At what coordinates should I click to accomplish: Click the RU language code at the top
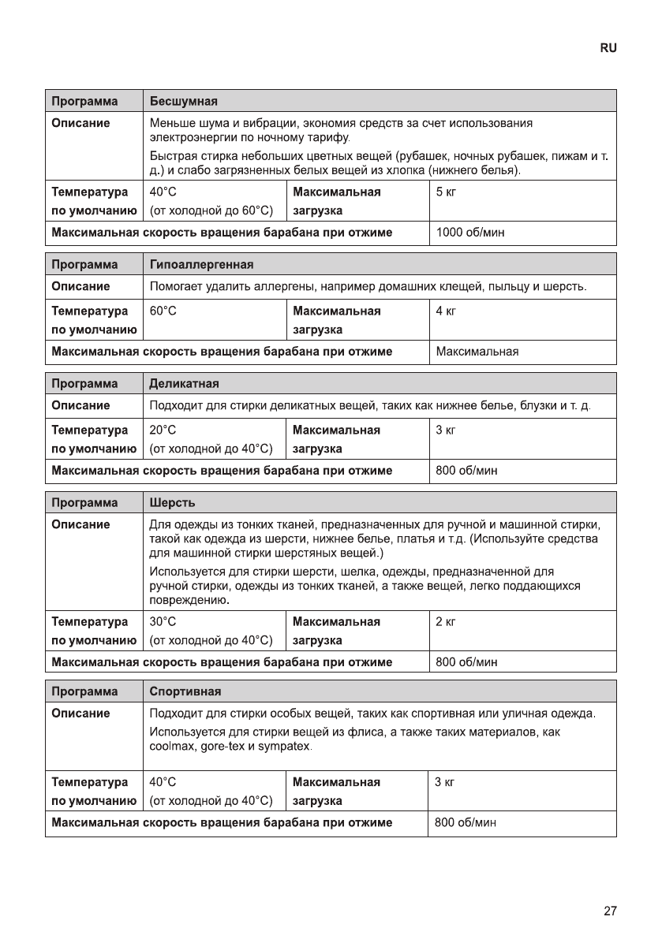point(608,48)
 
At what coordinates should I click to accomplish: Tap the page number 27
point(610,911)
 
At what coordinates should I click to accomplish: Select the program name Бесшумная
point(183,101)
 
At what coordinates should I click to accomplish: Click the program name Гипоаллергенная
point(202,263)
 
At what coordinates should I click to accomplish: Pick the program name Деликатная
point(184,383)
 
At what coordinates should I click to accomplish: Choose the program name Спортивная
point(185,691)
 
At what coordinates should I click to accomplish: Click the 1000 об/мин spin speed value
point(470,233)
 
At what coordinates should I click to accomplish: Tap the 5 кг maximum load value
point(446,191)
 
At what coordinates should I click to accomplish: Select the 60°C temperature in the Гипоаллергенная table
point(163,311)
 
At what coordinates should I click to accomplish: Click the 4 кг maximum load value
point(446,311)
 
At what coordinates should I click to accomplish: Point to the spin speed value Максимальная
point(477,352)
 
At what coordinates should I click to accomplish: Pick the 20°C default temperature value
point(163,430)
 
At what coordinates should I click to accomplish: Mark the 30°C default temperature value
point(163,621)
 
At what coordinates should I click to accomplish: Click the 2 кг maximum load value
point(446,621)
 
